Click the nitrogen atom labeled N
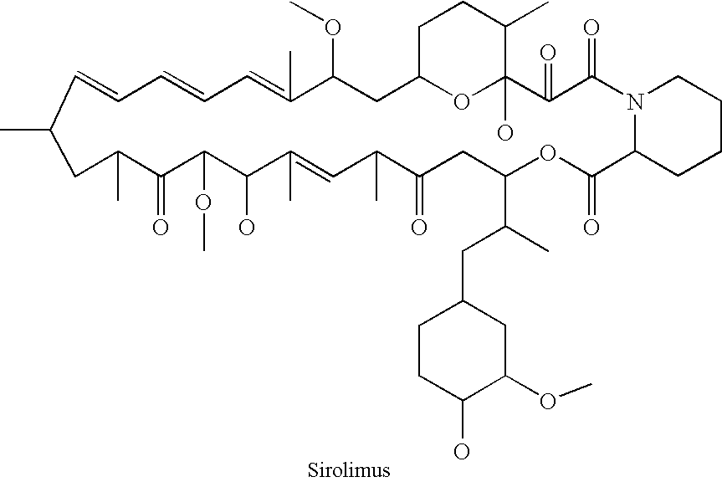click(x=636, y=101)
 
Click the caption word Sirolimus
click(x=349, y=470)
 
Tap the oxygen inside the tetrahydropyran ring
click(x=461, y=102)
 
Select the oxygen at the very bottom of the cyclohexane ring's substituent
click(x=461, y=450)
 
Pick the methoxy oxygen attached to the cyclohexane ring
click(x=547, y=401)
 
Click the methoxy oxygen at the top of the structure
click(x=332, y=27)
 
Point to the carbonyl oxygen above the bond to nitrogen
click(x=591, y=27)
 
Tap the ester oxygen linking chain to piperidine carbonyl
click(x=547, y=153)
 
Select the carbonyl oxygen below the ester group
click(x=591, y=227)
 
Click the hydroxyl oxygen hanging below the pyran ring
click(x=505, y=133)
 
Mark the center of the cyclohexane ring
click(x=462, y=351)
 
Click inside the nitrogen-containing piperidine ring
click(x=678, y=126)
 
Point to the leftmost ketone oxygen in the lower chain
click(x=161, y=227)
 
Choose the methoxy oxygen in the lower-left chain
click(x=203, y=202)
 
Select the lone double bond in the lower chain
click(x=312, y=164)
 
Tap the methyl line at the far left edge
click(x=25, y=131)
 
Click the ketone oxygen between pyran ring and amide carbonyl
click(x=547, y=53)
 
